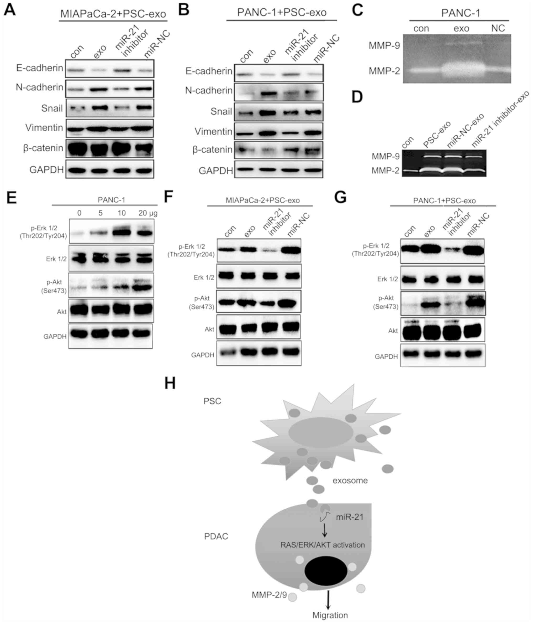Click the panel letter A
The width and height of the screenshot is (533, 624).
[10, 10]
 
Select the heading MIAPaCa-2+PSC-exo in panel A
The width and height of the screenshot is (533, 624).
[113, 14]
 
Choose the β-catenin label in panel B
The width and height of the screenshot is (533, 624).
[212, 150]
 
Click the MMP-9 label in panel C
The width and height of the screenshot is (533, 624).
[384, 46]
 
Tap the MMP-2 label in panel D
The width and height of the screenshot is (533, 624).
[385, 171]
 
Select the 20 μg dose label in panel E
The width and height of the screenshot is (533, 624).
[148, 213]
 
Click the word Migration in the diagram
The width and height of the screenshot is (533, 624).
[330, 615]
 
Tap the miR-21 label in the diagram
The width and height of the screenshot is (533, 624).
[350, 517]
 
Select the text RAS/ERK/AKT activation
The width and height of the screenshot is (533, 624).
[323, 545]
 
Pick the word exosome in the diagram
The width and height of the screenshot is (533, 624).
[350, 480]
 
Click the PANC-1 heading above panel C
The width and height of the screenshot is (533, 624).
[461, 13]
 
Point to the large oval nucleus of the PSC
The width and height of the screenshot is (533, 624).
[320, 432]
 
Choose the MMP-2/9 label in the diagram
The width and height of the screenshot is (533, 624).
[269, 595]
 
